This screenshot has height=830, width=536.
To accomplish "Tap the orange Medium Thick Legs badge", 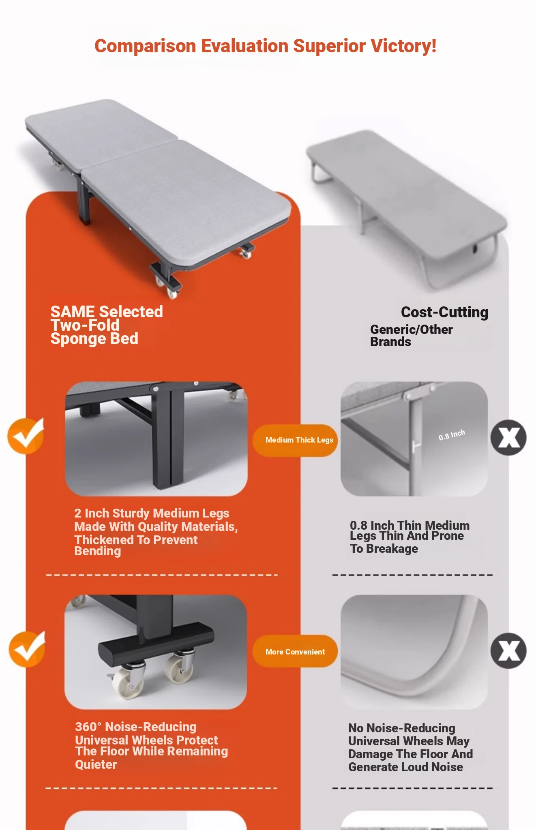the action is pyautogui.click(x=295, y=440).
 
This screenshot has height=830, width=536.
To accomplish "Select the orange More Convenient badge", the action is pyautogui.click(x=295, y=652).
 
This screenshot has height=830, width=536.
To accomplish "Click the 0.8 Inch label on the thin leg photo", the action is pyautogui.click(x=452, y=435).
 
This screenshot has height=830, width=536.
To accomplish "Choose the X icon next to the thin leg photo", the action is pyautogui.click(x=508, y=438).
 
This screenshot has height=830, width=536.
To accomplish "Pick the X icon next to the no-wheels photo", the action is pyautogui.click(x=508, y=651).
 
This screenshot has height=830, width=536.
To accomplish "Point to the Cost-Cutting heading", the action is pyautogui.click(x=444, y=312).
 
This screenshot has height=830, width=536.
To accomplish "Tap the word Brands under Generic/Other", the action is pyautogui.click(x=390, y=342).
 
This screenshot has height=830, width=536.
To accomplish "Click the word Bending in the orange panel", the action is pyautogui.click(x=98, y=551).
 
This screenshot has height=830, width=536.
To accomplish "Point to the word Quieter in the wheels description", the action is pyautogui.click(x=96, y=765).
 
